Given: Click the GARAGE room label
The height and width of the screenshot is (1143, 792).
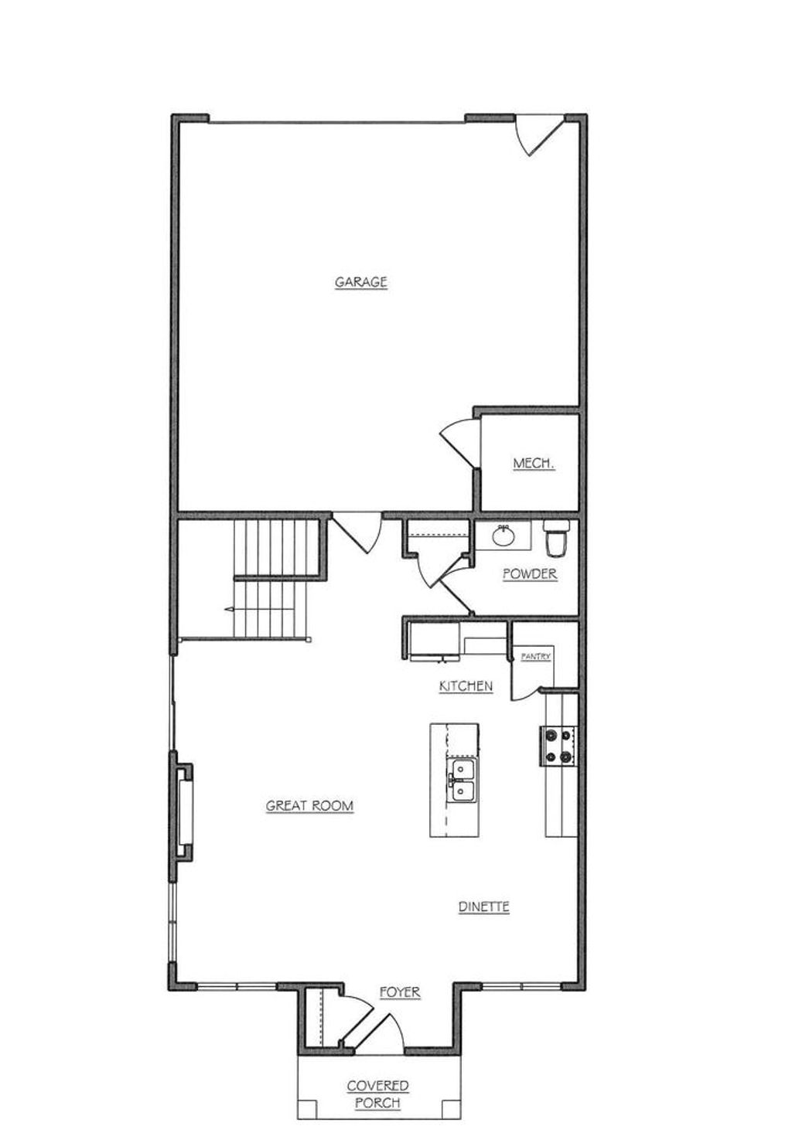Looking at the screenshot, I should [360, 282].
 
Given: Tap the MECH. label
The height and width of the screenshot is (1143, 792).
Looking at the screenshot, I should [534, 464].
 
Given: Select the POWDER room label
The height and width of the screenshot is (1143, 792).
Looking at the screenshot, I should [530, 574].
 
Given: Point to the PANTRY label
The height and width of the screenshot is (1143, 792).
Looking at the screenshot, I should [536, 656].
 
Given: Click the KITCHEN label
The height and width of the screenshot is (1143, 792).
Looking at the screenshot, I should [466, 685].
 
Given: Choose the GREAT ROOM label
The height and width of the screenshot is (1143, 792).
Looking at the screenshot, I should [309, 805].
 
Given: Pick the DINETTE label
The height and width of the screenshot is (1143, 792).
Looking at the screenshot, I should [483, 907].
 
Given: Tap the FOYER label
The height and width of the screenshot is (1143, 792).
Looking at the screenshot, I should [400, 992].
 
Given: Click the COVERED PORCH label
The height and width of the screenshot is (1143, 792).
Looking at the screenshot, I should [377, 1094].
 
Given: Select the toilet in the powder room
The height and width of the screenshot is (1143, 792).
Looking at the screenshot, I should [556, 539].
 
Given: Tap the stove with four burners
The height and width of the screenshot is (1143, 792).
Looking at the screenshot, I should [558, 747].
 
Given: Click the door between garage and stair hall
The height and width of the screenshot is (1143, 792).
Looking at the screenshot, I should [357, 532].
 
